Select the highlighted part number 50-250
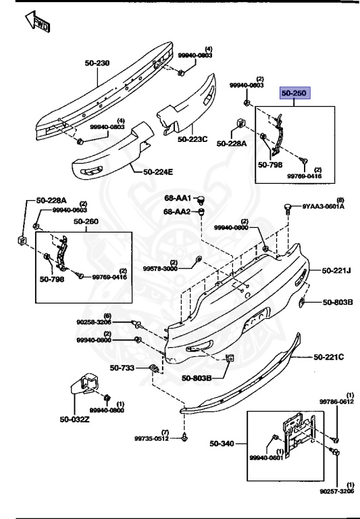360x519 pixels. [x=295, y=94]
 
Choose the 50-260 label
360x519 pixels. [x=86, y=221]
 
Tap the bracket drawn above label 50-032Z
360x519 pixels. [x=86, y=387]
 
